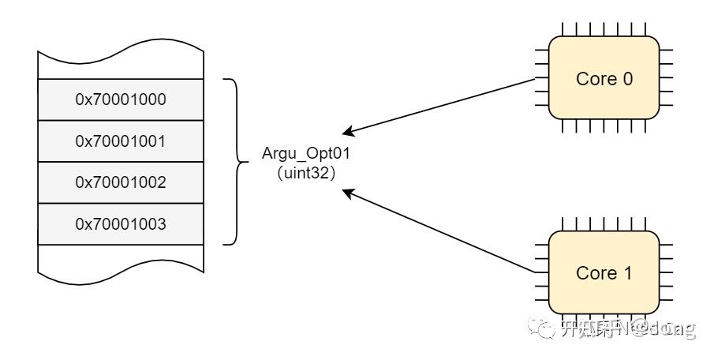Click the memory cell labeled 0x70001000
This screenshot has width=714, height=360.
[x=121, y=99]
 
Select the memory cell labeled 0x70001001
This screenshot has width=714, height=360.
[x=121, y=141]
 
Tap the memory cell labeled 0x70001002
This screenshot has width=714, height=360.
[x=121, y=182]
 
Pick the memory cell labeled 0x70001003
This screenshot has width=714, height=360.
[x=121, y=224]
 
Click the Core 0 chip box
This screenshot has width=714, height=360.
[x=604, y=78]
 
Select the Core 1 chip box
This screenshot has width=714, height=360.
[x=604, y=272]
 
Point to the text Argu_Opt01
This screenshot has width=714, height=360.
[x=305, y=152]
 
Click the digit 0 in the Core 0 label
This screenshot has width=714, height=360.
[x=627, y=79]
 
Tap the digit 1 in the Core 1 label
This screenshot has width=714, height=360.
[x=627, y=273]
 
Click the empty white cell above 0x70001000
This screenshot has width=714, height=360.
[x=121, y=66]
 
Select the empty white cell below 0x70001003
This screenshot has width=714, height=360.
[x=121, y=259]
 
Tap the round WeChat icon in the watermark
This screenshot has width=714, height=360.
[x=544, y=328]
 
